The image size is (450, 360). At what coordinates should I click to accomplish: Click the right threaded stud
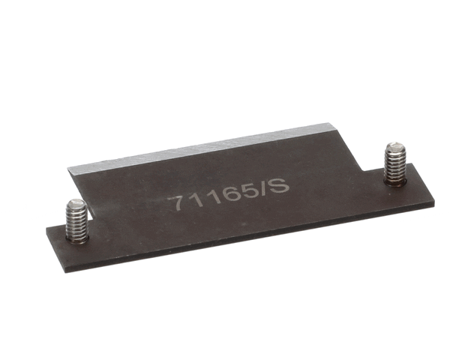pyautogui.click(x=394, y=163)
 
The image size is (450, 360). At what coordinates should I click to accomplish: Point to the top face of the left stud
pyautogui.click(x=75, y=204)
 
